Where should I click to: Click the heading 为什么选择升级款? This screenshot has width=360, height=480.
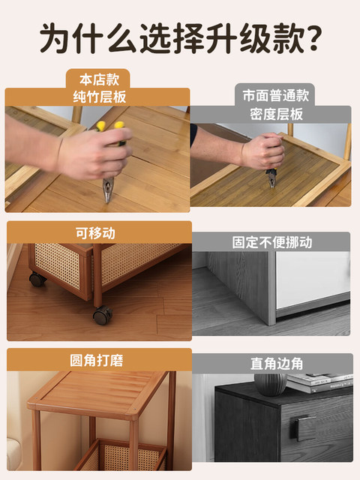[x=180, y=37]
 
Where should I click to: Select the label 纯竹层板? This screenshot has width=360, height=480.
[x=97, y=97]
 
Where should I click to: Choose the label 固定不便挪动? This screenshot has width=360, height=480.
[x=271, y=242]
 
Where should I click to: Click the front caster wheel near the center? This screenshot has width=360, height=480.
[x=102, y=314]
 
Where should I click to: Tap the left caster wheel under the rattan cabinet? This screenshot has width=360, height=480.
[x=37, y=280]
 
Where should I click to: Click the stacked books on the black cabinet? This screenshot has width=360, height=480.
[x=319, y=382]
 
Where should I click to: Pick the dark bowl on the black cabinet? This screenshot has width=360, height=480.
[x=268, y=384]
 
